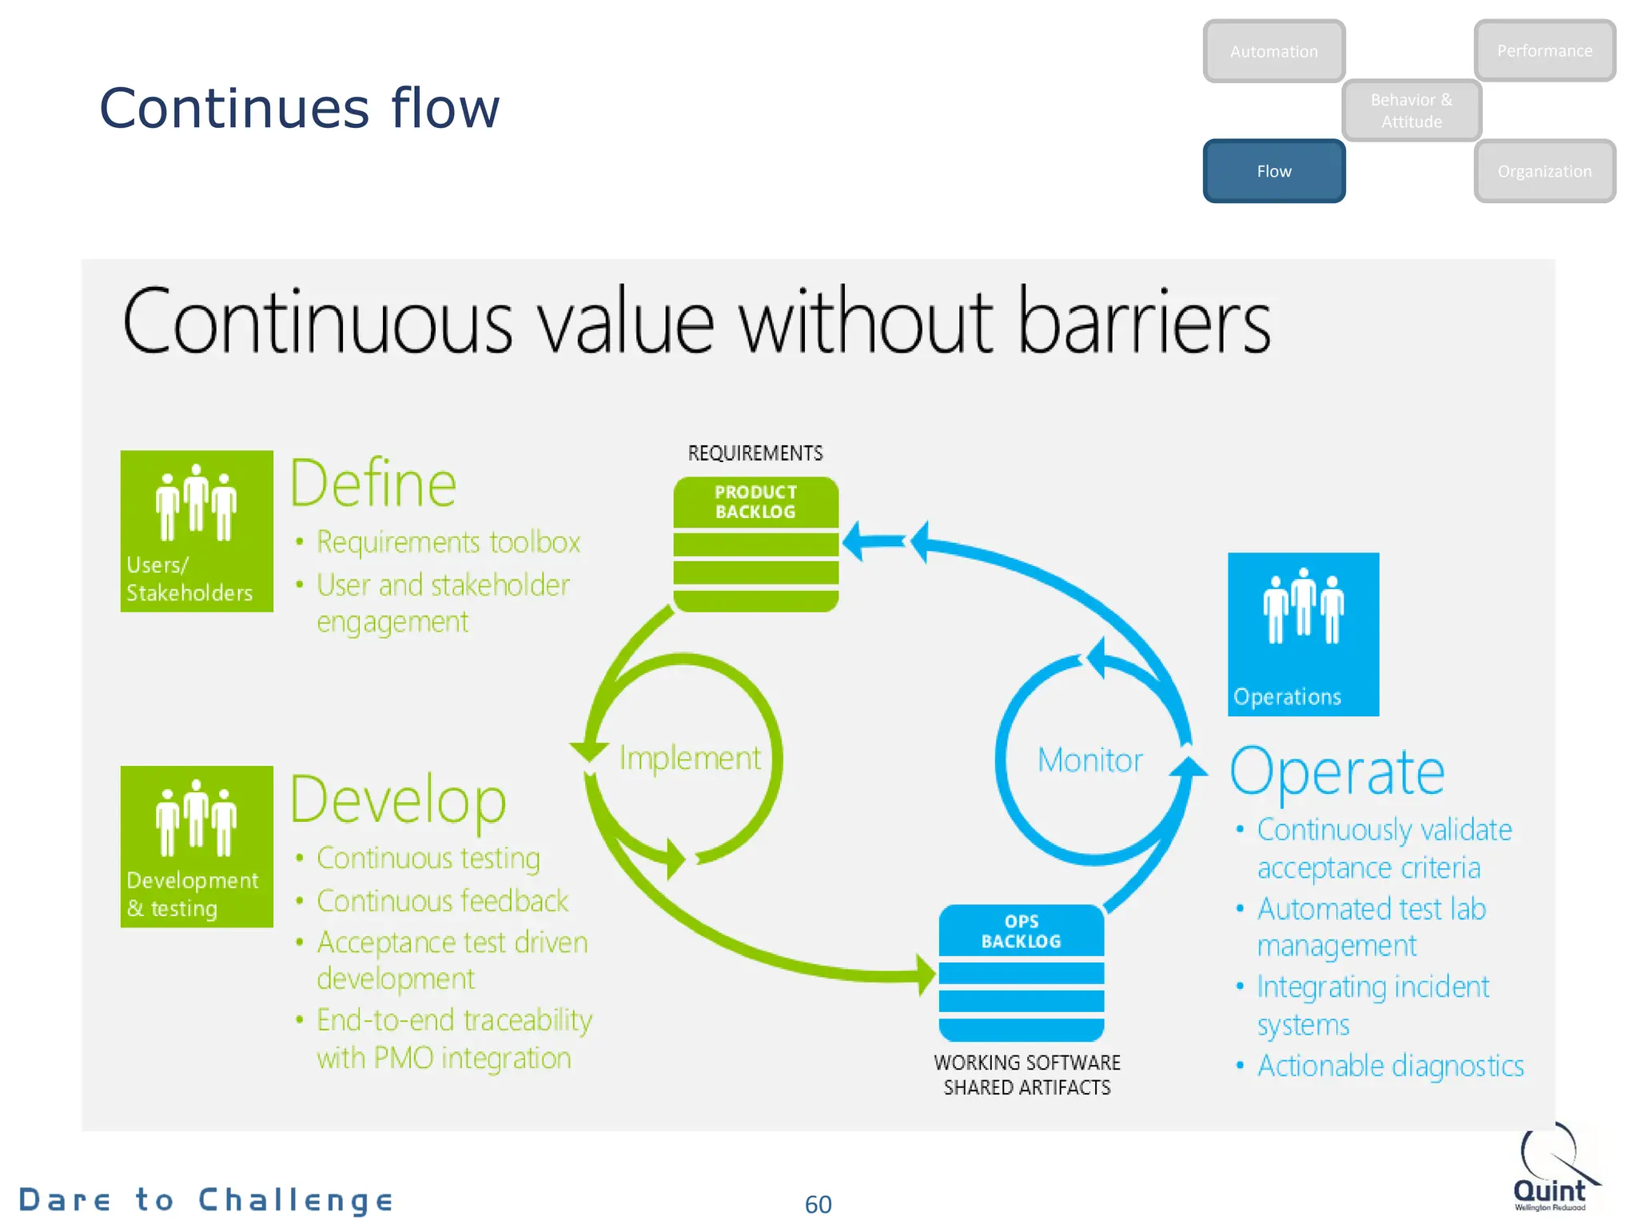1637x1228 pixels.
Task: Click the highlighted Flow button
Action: pyautogui.click(x=1273, y=171)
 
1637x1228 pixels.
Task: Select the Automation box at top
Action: pyautogui.click(x=1273, y=51)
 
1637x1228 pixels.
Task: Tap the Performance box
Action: pyautogui.click(x=1543, y=50)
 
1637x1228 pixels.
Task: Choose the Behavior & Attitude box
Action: pyautogui.click(x=1411, y=110)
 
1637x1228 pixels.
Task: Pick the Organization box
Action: pyautogui.click(x=1543, y=171)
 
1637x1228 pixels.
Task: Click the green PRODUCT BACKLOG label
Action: pyautogui.click(x=755, y=502)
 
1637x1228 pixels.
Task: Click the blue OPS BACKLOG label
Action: pyautogui.click(x=1021, y=931)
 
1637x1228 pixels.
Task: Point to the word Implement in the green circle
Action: pyautogui.click(x=690, y=758)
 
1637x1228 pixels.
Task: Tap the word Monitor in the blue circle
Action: pyautogui.click(x=1089, y=760)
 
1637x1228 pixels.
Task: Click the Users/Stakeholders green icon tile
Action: pyautogui.click(x=197, y=531)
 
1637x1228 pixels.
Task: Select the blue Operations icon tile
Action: pyautogui.click(x=1303, y=634)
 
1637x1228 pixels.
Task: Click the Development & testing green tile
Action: pyautogui.click(x=197, y=847)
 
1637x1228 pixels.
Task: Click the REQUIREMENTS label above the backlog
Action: pyautogui.click(x=755, y=453)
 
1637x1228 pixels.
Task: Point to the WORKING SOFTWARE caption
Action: pyautogui.click(x=1026, y=1063)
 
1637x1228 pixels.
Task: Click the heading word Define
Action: pyautogui.click(x=372, y=484)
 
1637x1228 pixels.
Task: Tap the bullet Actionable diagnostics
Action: pyautogui.click(x=1389, y=1066)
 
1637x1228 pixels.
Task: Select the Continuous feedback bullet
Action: pyautogui.click(x=442, y=901)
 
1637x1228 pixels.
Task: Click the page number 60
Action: pyautogui.click(x=818, y=1204)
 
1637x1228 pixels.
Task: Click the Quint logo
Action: pyautogui.click(x=1551, y=1171)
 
